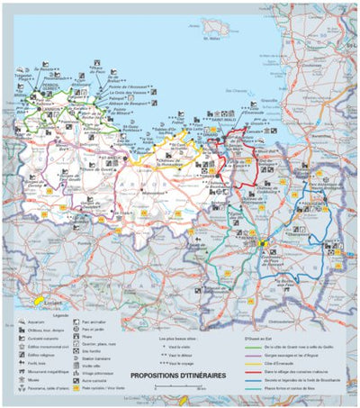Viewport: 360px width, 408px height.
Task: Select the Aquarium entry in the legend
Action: click(41, 322)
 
